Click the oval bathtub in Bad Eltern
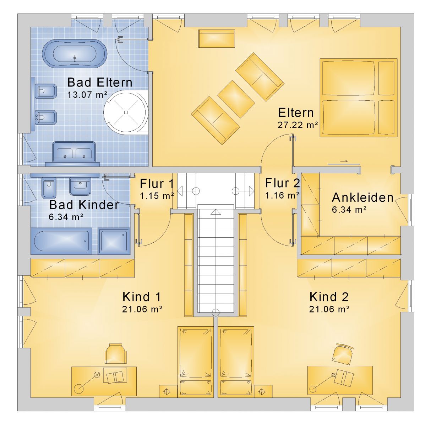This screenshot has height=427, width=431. click(75, 54)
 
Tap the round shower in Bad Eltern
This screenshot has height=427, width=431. click(126, 112)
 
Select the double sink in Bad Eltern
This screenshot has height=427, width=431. click(74, 152)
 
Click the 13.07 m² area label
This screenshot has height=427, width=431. click(87, 95)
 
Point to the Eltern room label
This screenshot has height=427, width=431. click(296, 112)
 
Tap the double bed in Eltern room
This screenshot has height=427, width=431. click(359, 97)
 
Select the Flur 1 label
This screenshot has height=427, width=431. click(157, 184)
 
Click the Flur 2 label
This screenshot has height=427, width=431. click(282, 183)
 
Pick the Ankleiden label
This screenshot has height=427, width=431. click(362, 197)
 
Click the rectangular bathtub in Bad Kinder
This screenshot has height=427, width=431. click(61, 241)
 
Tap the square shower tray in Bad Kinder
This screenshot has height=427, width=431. click(114, 241)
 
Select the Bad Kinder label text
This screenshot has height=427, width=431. click(84, 205)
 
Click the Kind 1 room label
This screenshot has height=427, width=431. click(142, 297)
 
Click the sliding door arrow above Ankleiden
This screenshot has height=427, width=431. click(344, 161)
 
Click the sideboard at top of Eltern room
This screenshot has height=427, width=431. click(217, 38)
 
